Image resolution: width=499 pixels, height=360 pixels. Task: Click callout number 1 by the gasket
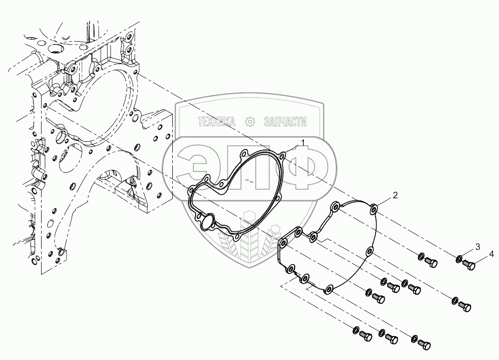(x=303, y=143)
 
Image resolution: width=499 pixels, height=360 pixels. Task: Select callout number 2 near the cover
(x=394, y=195)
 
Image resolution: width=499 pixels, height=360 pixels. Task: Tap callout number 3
(x=477, y=247)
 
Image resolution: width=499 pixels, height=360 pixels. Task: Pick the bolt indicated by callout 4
(x=469, y=264)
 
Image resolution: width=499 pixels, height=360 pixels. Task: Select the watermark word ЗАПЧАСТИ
(x=286, y=121)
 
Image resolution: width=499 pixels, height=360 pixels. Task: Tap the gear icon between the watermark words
(x=249, y=121)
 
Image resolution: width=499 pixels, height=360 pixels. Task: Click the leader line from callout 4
(x=483, y=258)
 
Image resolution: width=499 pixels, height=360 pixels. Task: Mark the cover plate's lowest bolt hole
(x=328, y=289)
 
